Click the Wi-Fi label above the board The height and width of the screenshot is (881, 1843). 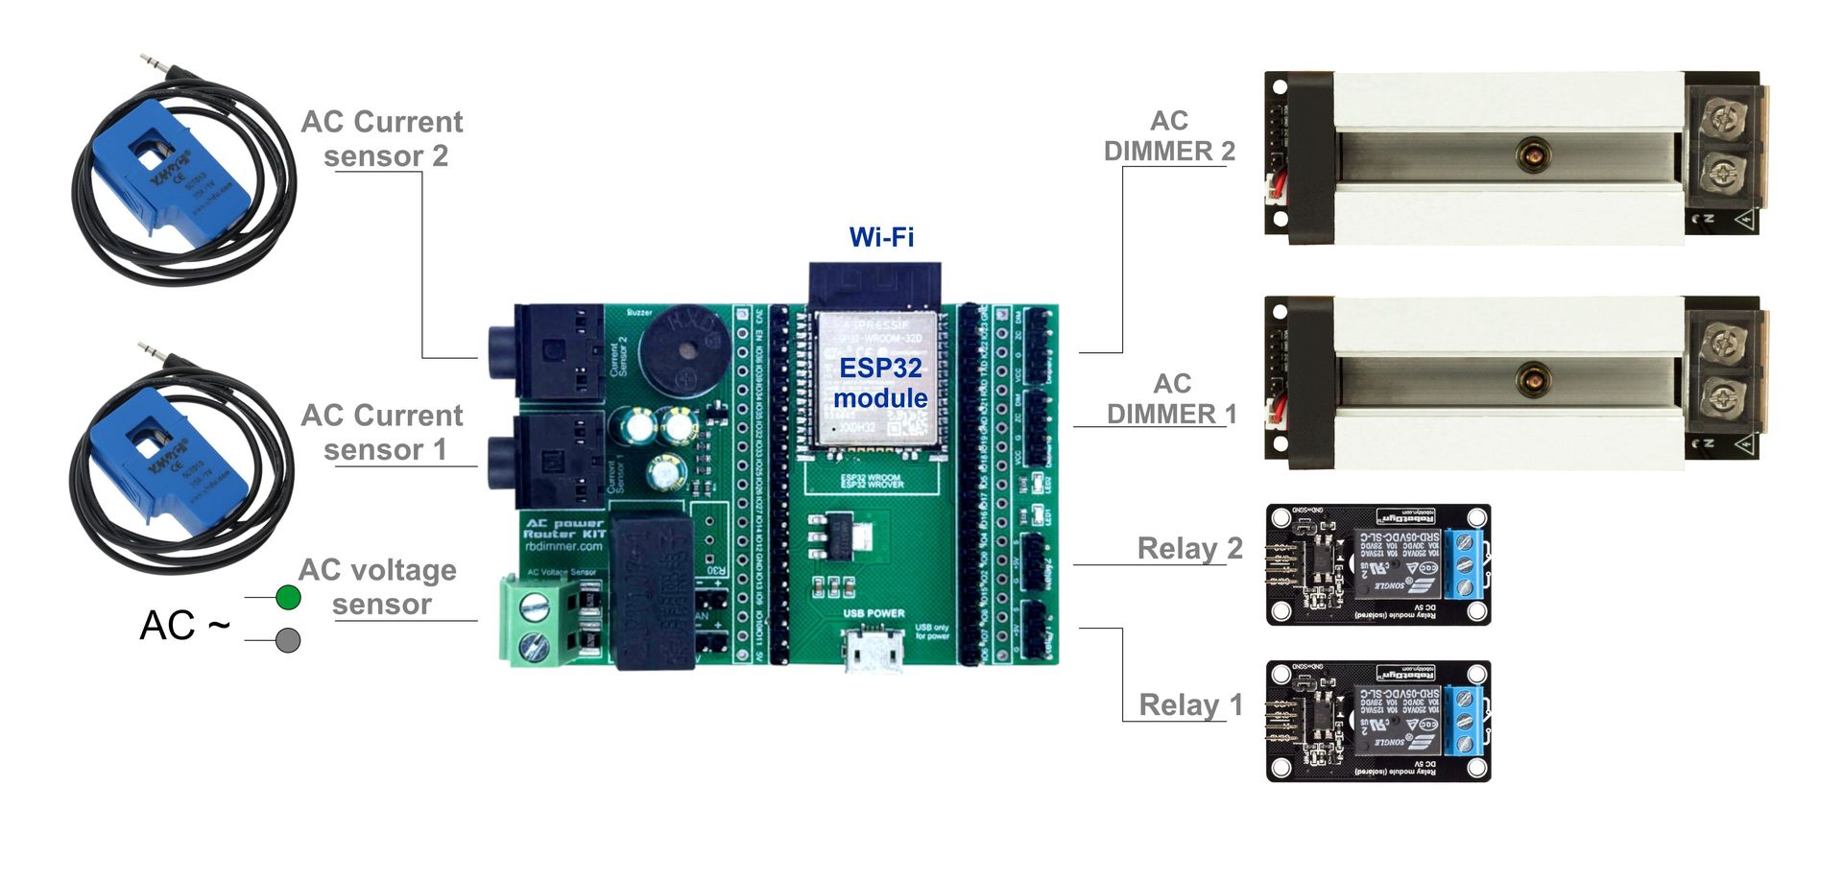pos(881,237)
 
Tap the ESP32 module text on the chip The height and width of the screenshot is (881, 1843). pos(879,382)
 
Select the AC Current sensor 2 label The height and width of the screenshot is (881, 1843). pos(382,139)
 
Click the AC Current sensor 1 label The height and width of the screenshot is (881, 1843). pos(382,433)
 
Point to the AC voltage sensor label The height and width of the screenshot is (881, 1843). pos(379,586)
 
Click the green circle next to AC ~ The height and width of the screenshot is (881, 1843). pos(288,598)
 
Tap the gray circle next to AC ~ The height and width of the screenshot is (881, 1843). pos(288,640)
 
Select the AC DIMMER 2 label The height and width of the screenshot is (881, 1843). pos(1169,136)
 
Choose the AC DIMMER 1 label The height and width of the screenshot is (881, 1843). pos(1171,399)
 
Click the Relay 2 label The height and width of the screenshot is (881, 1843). pos(1189,549)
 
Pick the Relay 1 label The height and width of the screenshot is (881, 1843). pos(1190,705)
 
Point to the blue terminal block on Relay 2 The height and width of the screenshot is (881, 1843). pos(1464,564)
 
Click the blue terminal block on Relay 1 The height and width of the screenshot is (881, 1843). pos(1464,721)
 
